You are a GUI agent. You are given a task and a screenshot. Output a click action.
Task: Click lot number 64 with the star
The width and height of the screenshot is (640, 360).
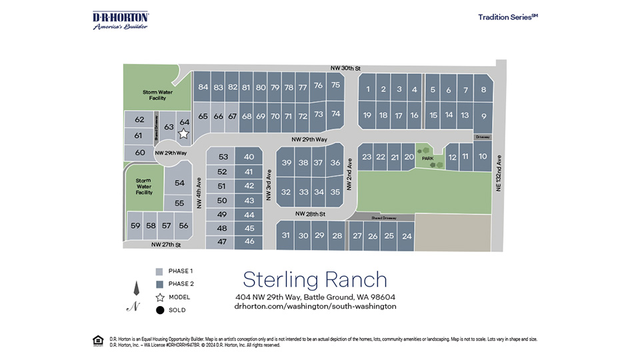185,122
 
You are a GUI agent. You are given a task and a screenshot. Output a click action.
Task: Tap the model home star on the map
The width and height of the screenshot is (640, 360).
183,133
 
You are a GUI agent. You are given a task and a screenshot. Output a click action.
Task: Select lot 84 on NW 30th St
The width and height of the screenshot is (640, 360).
203,87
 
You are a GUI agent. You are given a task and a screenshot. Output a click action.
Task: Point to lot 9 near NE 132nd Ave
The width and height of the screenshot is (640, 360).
483,116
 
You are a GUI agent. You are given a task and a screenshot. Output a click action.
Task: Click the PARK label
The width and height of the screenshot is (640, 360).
427,158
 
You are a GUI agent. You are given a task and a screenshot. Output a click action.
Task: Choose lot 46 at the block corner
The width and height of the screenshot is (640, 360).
249,241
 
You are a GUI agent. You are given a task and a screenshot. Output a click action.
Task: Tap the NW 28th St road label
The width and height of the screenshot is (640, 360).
311,214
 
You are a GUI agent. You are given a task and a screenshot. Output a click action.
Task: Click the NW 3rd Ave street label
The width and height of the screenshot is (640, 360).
268,182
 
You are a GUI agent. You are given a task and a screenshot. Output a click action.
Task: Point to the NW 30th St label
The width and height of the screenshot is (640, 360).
345,68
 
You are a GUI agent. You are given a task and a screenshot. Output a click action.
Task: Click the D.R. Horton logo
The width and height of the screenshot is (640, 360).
120,20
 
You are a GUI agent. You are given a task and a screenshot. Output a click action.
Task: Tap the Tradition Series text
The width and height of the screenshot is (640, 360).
507,17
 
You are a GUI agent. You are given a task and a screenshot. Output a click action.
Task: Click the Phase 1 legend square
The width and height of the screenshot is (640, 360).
159,271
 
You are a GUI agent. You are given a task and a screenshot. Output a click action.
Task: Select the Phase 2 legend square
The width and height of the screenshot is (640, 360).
159,284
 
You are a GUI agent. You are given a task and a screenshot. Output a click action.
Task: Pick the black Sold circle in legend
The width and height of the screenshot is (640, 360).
159,309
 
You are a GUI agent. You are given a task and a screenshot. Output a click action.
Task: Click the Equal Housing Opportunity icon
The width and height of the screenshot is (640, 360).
97,341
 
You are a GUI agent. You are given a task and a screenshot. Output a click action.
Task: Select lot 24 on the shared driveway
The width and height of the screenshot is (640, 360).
407,236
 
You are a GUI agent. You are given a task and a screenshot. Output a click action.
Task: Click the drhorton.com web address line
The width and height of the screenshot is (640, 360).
315,307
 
